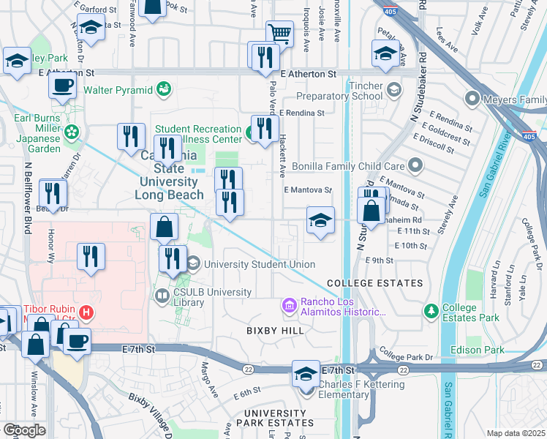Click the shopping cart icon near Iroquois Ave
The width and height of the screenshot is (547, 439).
tap(279, 33)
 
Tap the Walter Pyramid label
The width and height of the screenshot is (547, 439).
tap(118, 90)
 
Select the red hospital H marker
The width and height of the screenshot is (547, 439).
tap(86, 313)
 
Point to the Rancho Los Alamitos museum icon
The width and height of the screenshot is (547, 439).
tap(290, 304)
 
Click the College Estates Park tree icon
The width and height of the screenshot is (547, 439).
tap(432, 312)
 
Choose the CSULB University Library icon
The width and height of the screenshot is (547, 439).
tap(162, 296)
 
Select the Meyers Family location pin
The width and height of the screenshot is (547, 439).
tap(472, 99)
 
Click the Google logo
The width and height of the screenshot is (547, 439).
tap(24, 429)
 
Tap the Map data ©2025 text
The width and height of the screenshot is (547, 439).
tap(516, 433)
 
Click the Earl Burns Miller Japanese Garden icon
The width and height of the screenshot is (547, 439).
tap(72, 132)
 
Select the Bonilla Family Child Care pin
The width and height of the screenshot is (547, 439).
tap(416, 165)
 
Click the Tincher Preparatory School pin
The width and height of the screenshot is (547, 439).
tap(394, 90)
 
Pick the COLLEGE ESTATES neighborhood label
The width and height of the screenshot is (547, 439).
tap(374, 283)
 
